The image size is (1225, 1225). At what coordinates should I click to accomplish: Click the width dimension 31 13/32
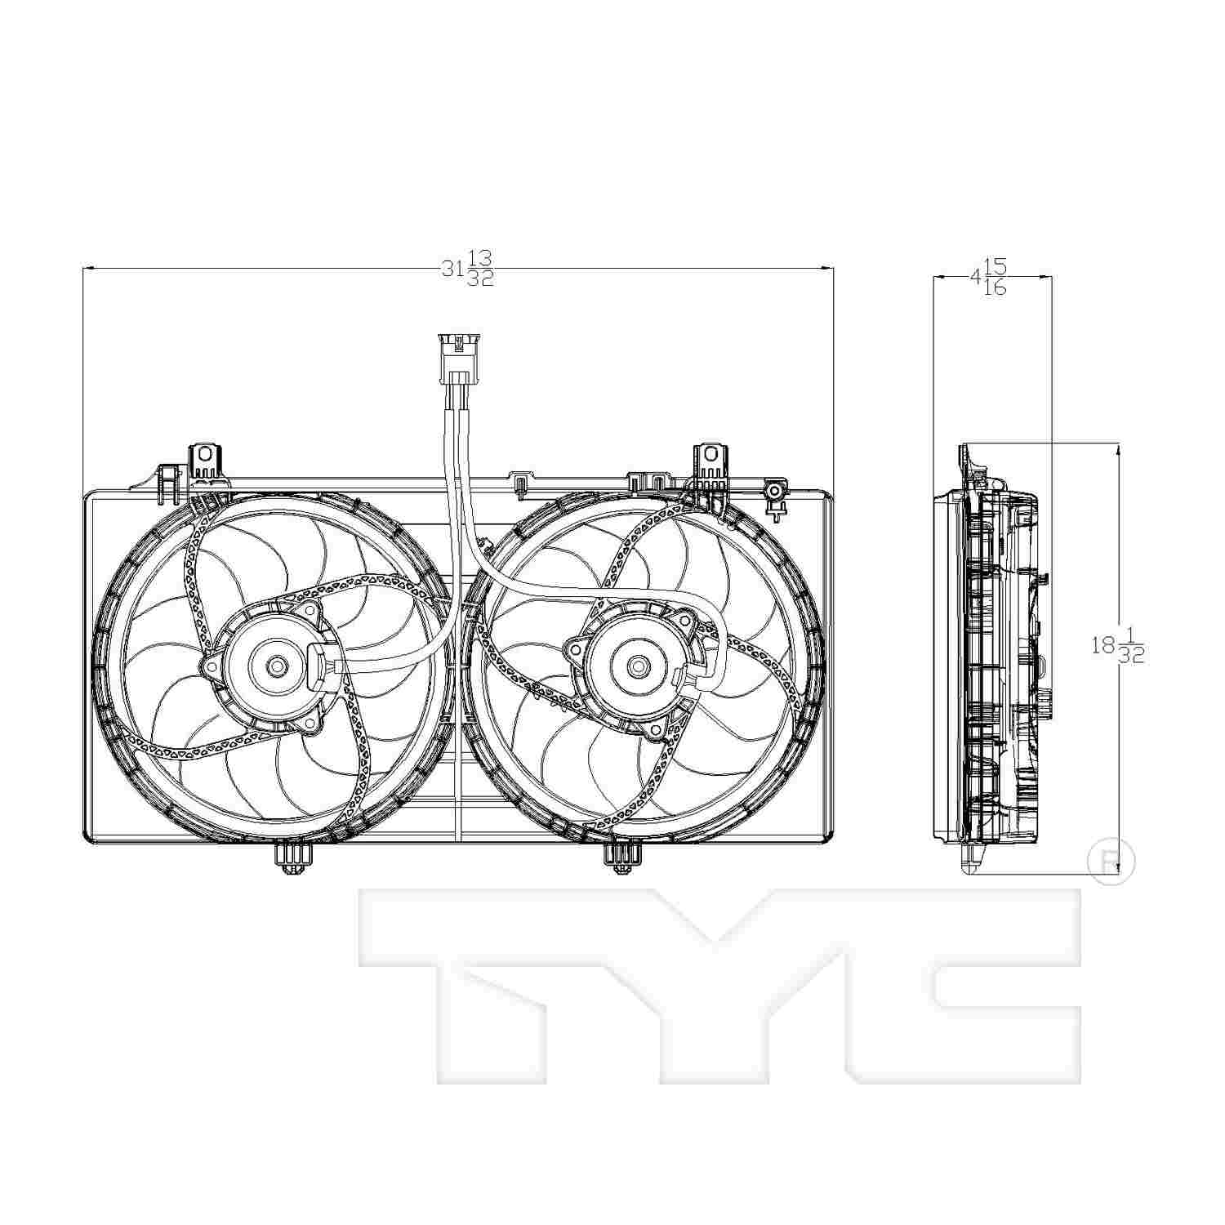(x=468, y=268)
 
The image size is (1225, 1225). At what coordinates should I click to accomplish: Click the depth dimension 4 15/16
(x=988, y=278)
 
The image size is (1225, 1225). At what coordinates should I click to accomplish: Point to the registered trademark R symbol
(x=1111, y=860)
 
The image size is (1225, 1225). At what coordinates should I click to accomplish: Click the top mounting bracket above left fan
(x=205, y=461)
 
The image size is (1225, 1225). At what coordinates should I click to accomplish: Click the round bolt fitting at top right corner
(x=773, y=492)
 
